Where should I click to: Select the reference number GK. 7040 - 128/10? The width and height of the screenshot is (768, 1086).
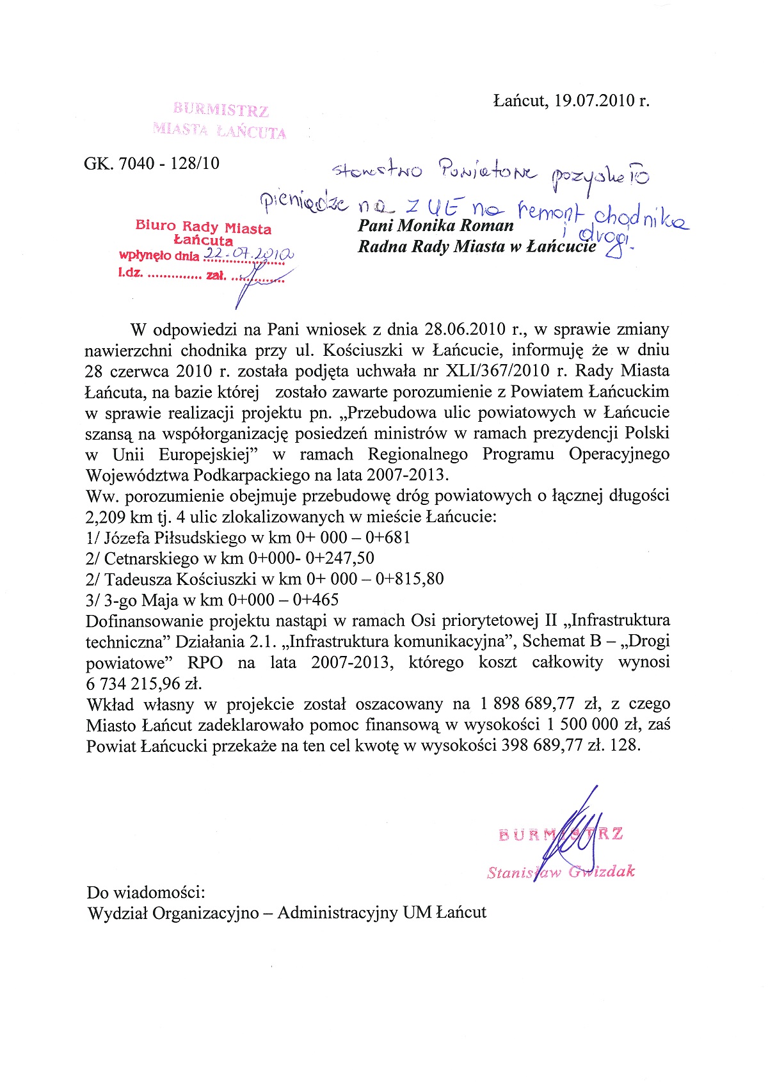(x=152, y=163)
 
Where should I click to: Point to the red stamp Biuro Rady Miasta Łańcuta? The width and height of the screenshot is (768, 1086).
(x=204, y=233)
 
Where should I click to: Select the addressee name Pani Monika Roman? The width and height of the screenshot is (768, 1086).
(x=436, y=225)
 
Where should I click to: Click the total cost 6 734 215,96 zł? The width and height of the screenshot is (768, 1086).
(x=144, y=683)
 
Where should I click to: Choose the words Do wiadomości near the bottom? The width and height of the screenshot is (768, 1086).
(x=146, y=891)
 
